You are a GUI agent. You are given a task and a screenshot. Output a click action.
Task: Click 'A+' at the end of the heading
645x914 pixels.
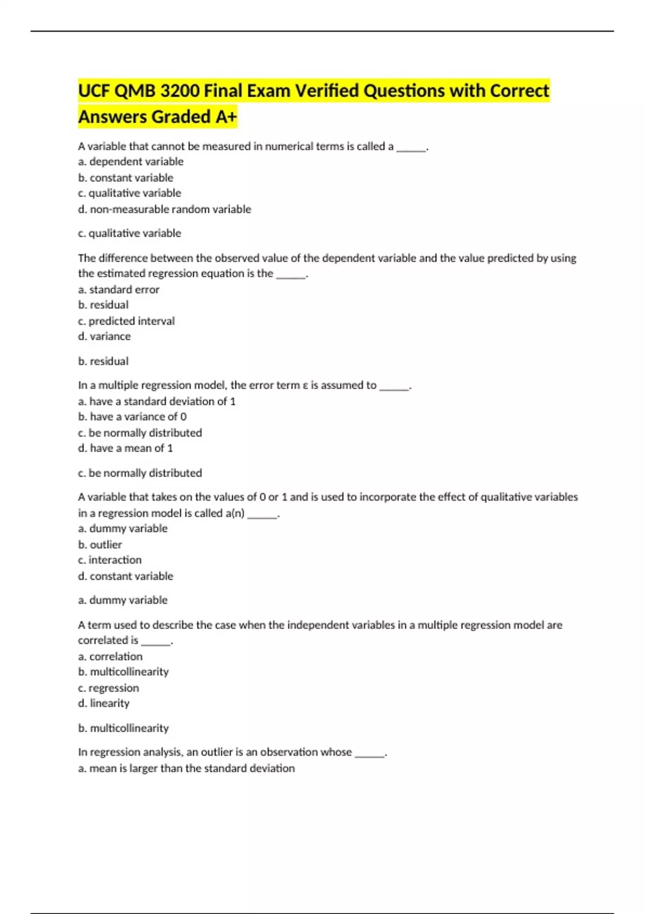226,117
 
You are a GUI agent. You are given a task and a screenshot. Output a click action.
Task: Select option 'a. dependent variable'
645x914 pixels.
131,161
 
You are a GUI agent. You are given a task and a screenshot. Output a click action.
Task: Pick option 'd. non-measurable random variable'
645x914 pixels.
164,209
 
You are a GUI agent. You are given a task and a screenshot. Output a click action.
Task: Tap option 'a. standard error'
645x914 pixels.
119,289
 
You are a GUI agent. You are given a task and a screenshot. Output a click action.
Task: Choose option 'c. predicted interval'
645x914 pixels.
126,321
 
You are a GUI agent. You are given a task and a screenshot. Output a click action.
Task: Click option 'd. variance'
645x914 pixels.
104,337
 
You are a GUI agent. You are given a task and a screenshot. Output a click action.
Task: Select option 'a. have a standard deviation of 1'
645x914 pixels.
157,401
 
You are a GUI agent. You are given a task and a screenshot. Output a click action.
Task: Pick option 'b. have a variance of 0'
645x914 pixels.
132,417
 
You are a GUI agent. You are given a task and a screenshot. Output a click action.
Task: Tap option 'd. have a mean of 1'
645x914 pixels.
125,448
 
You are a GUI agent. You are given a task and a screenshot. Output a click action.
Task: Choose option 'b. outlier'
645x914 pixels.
100,545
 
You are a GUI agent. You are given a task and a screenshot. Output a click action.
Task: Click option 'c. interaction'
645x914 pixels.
110,560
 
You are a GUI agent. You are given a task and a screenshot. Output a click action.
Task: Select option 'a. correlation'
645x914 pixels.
110,656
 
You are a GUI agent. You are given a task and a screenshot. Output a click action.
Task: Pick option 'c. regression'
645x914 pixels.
109,688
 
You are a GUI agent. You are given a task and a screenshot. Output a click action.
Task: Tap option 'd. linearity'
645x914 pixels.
104,703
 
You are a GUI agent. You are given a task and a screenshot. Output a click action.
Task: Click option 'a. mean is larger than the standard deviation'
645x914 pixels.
187,768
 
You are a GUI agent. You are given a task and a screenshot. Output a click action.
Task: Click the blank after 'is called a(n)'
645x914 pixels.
262,514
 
